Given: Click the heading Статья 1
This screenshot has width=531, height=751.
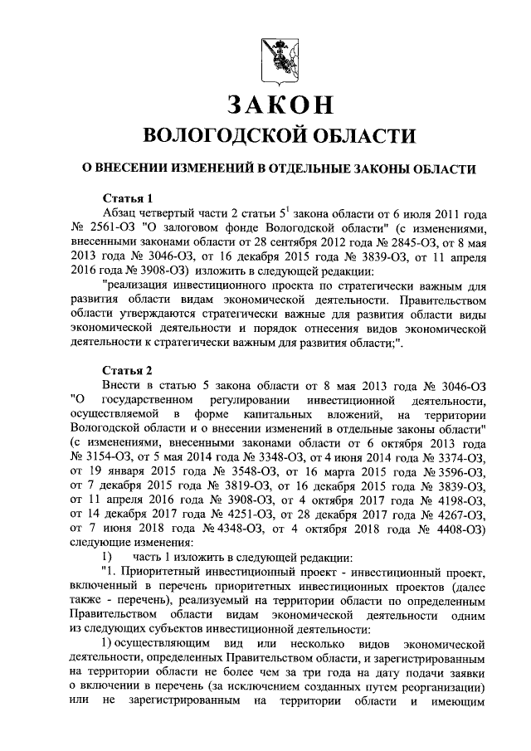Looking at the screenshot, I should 127,198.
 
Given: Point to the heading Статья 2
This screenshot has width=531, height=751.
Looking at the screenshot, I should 127,369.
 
